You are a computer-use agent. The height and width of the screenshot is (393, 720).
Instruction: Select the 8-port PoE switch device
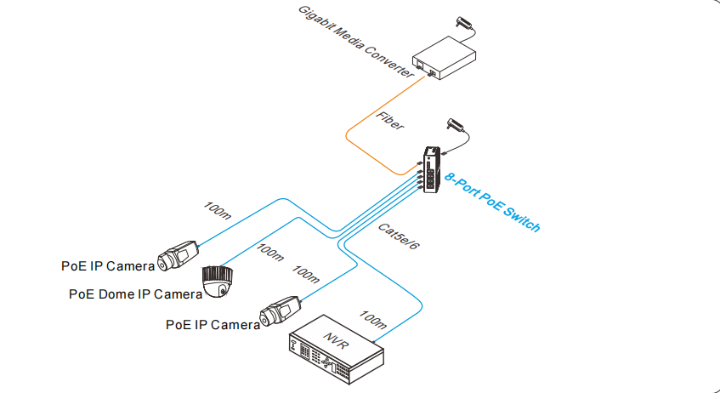coord(433,169)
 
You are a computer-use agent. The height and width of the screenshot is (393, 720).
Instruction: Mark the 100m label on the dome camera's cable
coord(269,254)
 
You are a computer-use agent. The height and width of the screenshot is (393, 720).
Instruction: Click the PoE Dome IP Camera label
coord(135,294)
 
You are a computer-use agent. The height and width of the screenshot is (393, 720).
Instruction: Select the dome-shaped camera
coord(218,282)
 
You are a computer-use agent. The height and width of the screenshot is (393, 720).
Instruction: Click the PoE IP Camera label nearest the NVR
coord(213,324)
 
